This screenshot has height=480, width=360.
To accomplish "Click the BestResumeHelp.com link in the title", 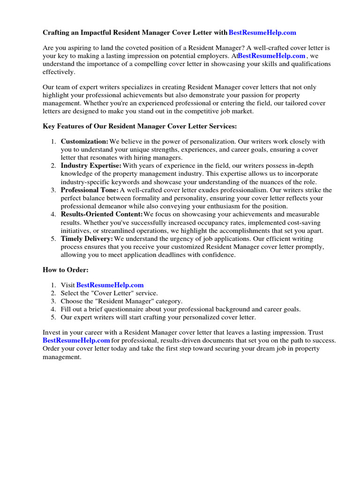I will point(262,32).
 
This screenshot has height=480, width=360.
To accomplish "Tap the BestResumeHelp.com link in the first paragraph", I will point(271,56).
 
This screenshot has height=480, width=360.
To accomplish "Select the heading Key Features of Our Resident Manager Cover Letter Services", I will point(140,126).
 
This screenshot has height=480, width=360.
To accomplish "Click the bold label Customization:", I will point(84,142).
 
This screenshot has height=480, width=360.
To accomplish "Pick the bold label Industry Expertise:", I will point(91,166).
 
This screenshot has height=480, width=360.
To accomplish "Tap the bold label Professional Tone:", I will point(90,190).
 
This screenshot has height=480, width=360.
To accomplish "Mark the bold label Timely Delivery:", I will point(87,239).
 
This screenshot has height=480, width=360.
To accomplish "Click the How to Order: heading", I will point(66,270).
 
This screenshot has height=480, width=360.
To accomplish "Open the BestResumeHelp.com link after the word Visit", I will point(110,285).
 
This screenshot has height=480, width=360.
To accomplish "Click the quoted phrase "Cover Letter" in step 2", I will point(111,293).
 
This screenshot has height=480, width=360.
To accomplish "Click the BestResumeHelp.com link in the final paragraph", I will point(76,340).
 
